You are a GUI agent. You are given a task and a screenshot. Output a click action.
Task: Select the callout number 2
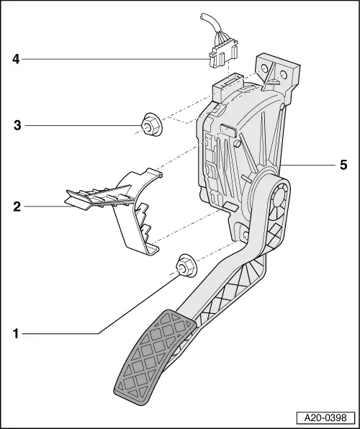click(15, 207)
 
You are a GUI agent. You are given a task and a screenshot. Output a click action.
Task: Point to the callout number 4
click(15, 60)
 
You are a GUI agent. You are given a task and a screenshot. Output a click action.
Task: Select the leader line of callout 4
click(115, 60)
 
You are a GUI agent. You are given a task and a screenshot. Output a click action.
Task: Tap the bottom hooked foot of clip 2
click(150, 249)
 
